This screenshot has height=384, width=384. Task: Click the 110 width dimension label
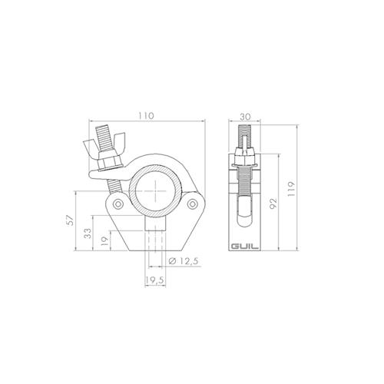146,115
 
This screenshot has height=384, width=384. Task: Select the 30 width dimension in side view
245,115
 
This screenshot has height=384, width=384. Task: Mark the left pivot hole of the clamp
117,205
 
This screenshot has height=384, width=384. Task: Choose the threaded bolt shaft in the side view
245,184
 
